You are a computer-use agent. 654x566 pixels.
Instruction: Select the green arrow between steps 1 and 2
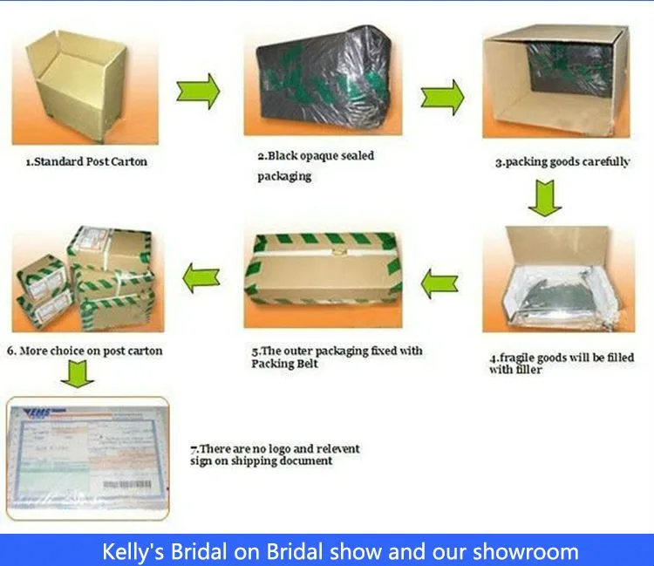coord(198,92)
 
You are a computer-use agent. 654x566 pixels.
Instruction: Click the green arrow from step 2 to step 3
coord(442,98)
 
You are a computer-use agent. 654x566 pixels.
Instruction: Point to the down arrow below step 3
coord(545,198)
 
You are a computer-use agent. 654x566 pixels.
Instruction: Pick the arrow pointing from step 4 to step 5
coord(439,283)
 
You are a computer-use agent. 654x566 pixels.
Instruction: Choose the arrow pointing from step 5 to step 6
coord(201,278)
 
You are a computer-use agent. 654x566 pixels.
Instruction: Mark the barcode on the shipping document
coord(127,485)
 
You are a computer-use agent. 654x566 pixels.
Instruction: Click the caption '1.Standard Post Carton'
coord(86,162)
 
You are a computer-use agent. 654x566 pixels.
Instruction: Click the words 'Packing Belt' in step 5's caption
coord(284,364)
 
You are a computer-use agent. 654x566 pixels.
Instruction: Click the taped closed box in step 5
coord(324,271)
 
